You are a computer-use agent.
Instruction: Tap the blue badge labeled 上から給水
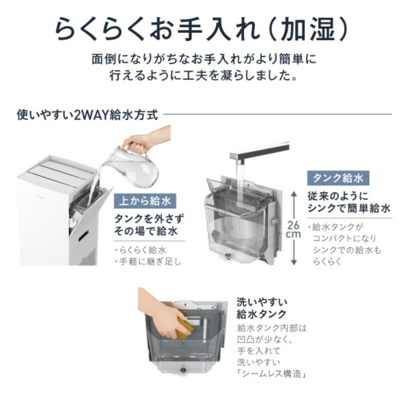pos(145,201)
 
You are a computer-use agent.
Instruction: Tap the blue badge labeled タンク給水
pos(338,178)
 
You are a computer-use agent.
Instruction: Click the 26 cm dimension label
pos(293,229)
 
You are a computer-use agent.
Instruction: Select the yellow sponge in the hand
pos(185,328)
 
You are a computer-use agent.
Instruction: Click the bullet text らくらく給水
pos(141,250)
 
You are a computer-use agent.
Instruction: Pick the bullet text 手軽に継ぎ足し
pos(148,262)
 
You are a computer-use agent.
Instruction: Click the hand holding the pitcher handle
pos(136,145)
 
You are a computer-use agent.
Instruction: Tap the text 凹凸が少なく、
pos(265,339)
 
